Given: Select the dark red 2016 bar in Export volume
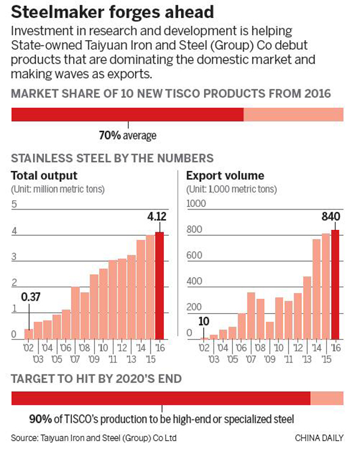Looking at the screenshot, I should click(335, 284).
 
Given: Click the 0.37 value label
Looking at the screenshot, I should click(31, 296).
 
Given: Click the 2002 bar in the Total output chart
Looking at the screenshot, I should click(28, 334).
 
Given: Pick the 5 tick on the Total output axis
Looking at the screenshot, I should click(14, 205).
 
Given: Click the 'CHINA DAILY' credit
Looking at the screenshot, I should click(319, 439).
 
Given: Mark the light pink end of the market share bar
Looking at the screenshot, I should click(293, 114).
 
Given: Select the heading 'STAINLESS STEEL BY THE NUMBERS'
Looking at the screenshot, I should click(112, 158).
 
